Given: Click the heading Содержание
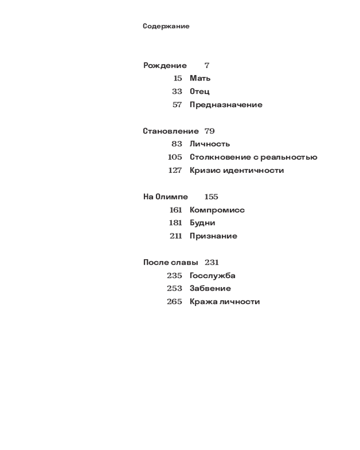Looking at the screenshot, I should [x=166, y=26].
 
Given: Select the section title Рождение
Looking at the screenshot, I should [x=165, y=66].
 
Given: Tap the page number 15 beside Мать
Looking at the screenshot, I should [x=178, y=78].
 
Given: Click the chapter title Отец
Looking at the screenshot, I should [x=199, y=92].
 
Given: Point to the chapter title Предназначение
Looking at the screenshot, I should [x=226, y=105].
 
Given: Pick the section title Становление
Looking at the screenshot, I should [x=171, y=131].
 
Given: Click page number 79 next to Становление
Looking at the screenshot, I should [x=209, y=131].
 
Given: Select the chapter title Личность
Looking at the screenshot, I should [x=210, y=144].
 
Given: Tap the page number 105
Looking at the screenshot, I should [x=175, y=157].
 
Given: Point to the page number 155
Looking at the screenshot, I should [x=211, y=197].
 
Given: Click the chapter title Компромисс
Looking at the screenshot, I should [x=217, y=210].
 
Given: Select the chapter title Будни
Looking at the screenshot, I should [x=202, y=223].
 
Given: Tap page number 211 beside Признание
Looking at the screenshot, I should [x=176, y=236].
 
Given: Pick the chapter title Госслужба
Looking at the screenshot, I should [x=212, y=275].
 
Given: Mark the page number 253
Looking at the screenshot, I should [x=175, y=288].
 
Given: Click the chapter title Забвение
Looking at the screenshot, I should [x=210, y=288].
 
